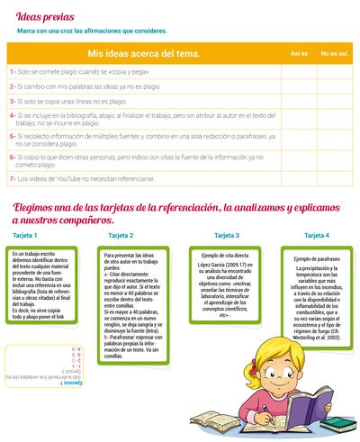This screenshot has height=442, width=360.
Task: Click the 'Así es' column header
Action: (299, 54)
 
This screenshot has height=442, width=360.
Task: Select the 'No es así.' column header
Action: (335, 54)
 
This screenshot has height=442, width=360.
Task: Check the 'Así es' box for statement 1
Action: (299, 70)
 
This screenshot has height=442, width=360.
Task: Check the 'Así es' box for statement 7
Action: (299, 177)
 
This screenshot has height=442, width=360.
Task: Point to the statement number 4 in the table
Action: (11, 115)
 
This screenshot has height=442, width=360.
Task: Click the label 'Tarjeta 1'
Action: (24, 235)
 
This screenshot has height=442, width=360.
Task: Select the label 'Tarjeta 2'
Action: (121, 235)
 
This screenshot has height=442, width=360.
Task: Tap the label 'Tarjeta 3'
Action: (225, 235)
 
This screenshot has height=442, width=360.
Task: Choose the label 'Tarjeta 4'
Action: (316, 235)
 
